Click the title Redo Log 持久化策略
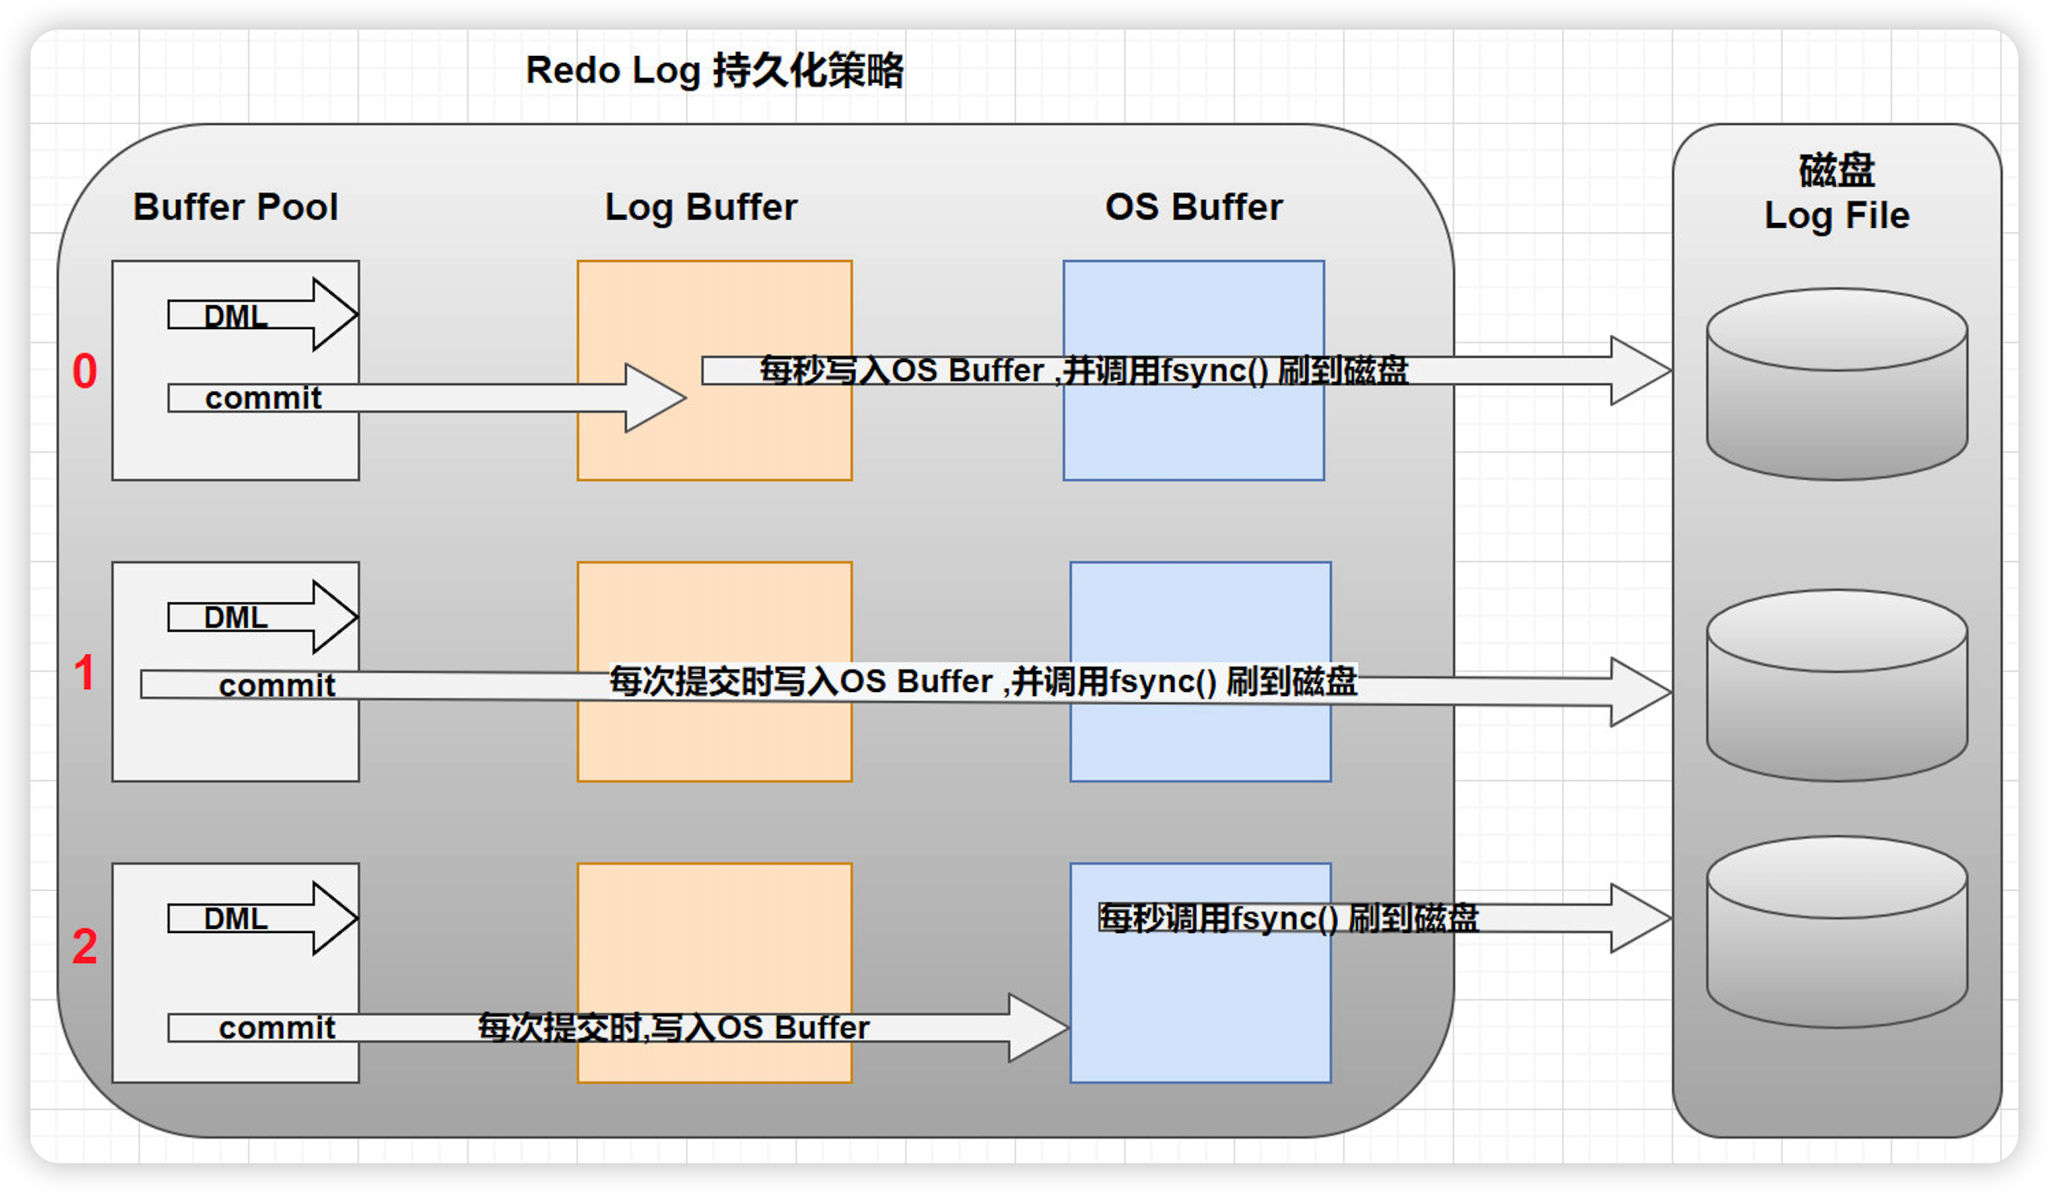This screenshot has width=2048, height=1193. click(715, 71)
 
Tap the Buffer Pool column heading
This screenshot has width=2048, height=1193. click(235, 207)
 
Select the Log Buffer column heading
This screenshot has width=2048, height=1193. click(701, 207)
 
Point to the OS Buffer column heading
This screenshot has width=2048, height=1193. click(1193, 207)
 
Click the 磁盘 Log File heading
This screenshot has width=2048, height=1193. click(1837, 193)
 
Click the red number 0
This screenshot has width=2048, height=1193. click(85, 370)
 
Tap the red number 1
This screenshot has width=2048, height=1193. click(84, 672)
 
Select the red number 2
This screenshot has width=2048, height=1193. click(85, 946)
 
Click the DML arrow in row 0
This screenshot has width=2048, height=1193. click(262, 314)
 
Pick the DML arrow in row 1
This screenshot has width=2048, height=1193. click(262, 616)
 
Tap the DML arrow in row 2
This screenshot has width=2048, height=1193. click(262, 918)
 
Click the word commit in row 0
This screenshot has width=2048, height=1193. click(263, 398)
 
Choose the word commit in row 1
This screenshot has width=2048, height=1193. click(277, 685)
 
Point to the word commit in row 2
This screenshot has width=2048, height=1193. click(277, 1028)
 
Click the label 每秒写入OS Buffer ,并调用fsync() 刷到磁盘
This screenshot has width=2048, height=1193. click(1084, 370)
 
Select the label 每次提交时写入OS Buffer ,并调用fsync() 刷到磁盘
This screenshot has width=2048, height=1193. click(983, 681)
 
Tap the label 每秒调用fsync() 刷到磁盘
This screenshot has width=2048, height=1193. click(1289, 918)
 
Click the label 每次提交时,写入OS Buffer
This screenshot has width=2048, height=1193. click(674, 1028)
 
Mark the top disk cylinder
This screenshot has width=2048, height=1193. click(1837, 383)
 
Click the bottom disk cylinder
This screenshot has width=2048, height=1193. click(1837, 932)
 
